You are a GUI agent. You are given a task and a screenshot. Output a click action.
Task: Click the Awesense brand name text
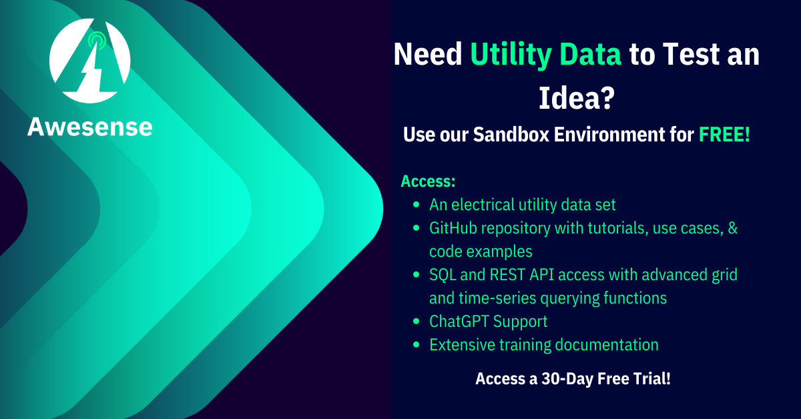pos(90,126)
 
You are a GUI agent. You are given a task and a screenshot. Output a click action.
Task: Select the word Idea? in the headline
pos(576,98)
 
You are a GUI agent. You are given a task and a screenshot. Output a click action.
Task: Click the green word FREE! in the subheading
pos(724,135)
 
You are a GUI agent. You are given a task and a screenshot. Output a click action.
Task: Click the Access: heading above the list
pos(428,181)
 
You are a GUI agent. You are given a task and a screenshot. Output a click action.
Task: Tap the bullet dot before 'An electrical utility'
pos(417,205)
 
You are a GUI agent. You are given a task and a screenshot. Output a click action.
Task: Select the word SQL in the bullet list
pos(443,275)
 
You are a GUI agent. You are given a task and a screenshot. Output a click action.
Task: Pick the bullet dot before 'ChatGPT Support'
pos(417,322)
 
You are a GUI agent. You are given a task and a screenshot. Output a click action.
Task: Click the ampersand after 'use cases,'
pos(732,228)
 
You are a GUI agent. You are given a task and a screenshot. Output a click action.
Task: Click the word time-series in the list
pos(496,298)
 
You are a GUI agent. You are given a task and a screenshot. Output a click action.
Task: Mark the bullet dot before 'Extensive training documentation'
pos(417,345)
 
